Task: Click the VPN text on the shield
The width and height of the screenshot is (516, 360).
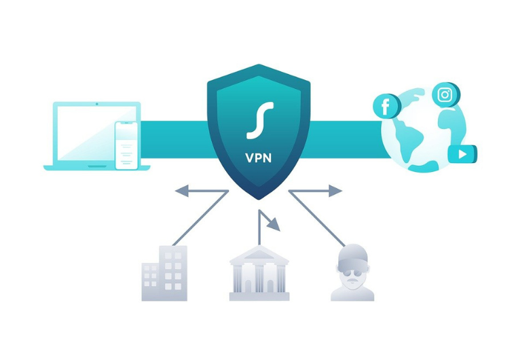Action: (x=258, y=158)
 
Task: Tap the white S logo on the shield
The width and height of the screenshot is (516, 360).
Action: (x=260, y=120)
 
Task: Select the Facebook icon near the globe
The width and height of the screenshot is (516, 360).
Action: (x=386, y=106)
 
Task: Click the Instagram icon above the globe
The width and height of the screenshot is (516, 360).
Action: (x=445, y=95)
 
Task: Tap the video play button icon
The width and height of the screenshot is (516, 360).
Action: (x=462, y=154)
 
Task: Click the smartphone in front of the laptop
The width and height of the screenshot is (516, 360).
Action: (x=126, y=145)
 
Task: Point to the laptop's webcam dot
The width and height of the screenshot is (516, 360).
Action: (x=96, y=104)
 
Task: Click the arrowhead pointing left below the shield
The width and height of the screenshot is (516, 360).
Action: (x=182, y=191)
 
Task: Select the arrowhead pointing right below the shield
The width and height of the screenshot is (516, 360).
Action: (x=335, y=191)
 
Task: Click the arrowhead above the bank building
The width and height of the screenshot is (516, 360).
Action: (x=274, y=224)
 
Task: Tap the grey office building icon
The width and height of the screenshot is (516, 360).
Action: (x=164, y=273)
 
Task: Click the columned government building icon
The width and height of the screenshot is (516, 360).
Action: (x=259, y=273)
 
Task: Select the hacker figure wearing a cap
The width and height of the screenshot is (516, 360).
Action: (x=352, y=272)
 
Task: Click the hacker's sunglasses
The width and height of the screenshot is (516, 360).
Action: (x=352, y=273)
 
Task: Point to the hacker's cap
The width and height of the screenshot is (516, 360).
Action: (x=352, y=255)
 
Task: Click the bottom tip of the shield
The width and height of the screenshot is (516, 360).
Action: (x=259, y=200)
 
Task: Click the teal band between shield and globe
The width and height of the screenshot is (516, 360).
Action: (x=346, y=139)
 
